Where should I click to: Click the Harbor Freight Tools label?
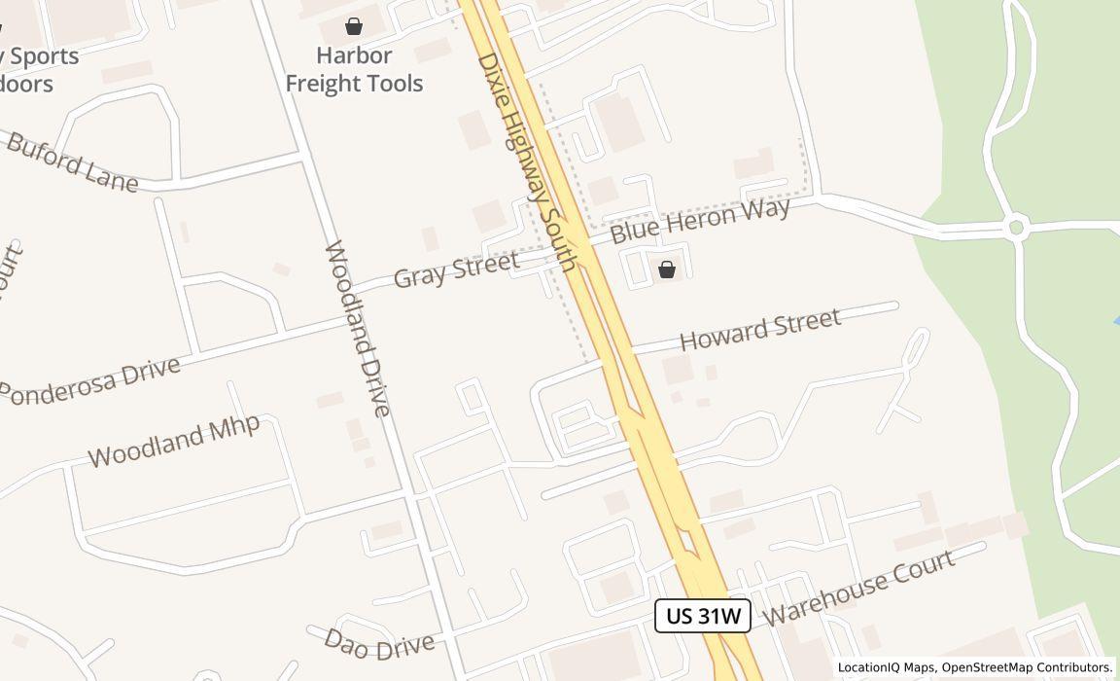pyautogui.click(x=354, y=69)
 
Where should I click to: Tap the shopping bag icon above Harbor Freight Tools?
pyautogui.click(x=354, y=26)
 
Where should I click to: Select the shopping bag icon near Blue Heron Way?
pyautogui.click(x=667, y=269)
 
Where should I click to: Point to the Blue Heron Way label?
pyautogui.click(x=699, y=220)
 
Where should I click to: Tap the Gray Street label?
pyautogui.click(x=456, y=269)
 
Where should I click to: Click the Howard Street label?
pyautogui.click(x=759, y=330)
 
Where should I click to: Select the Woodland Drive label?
pyautogui.click(x=357, y=328)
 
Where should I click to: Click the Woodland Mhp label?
pyautogui.click(x=174, y=442)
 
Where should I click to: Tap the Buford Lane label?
pyautogui.click(x=72, y=161)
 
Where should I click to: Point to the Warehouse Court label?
pyautogui.click(x=859, y=587)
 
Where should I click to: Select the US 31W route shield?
pyautogui.click(x=703, y=616)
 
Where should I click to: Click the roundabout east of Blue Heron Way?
pyautogui.click(x=1017, y=229)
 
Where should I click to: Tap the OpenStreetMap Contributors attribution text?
pyautogui.click(x=1027, y=667)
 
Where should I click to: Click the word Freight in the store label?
pyautogui.click(x=323, y=84)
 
